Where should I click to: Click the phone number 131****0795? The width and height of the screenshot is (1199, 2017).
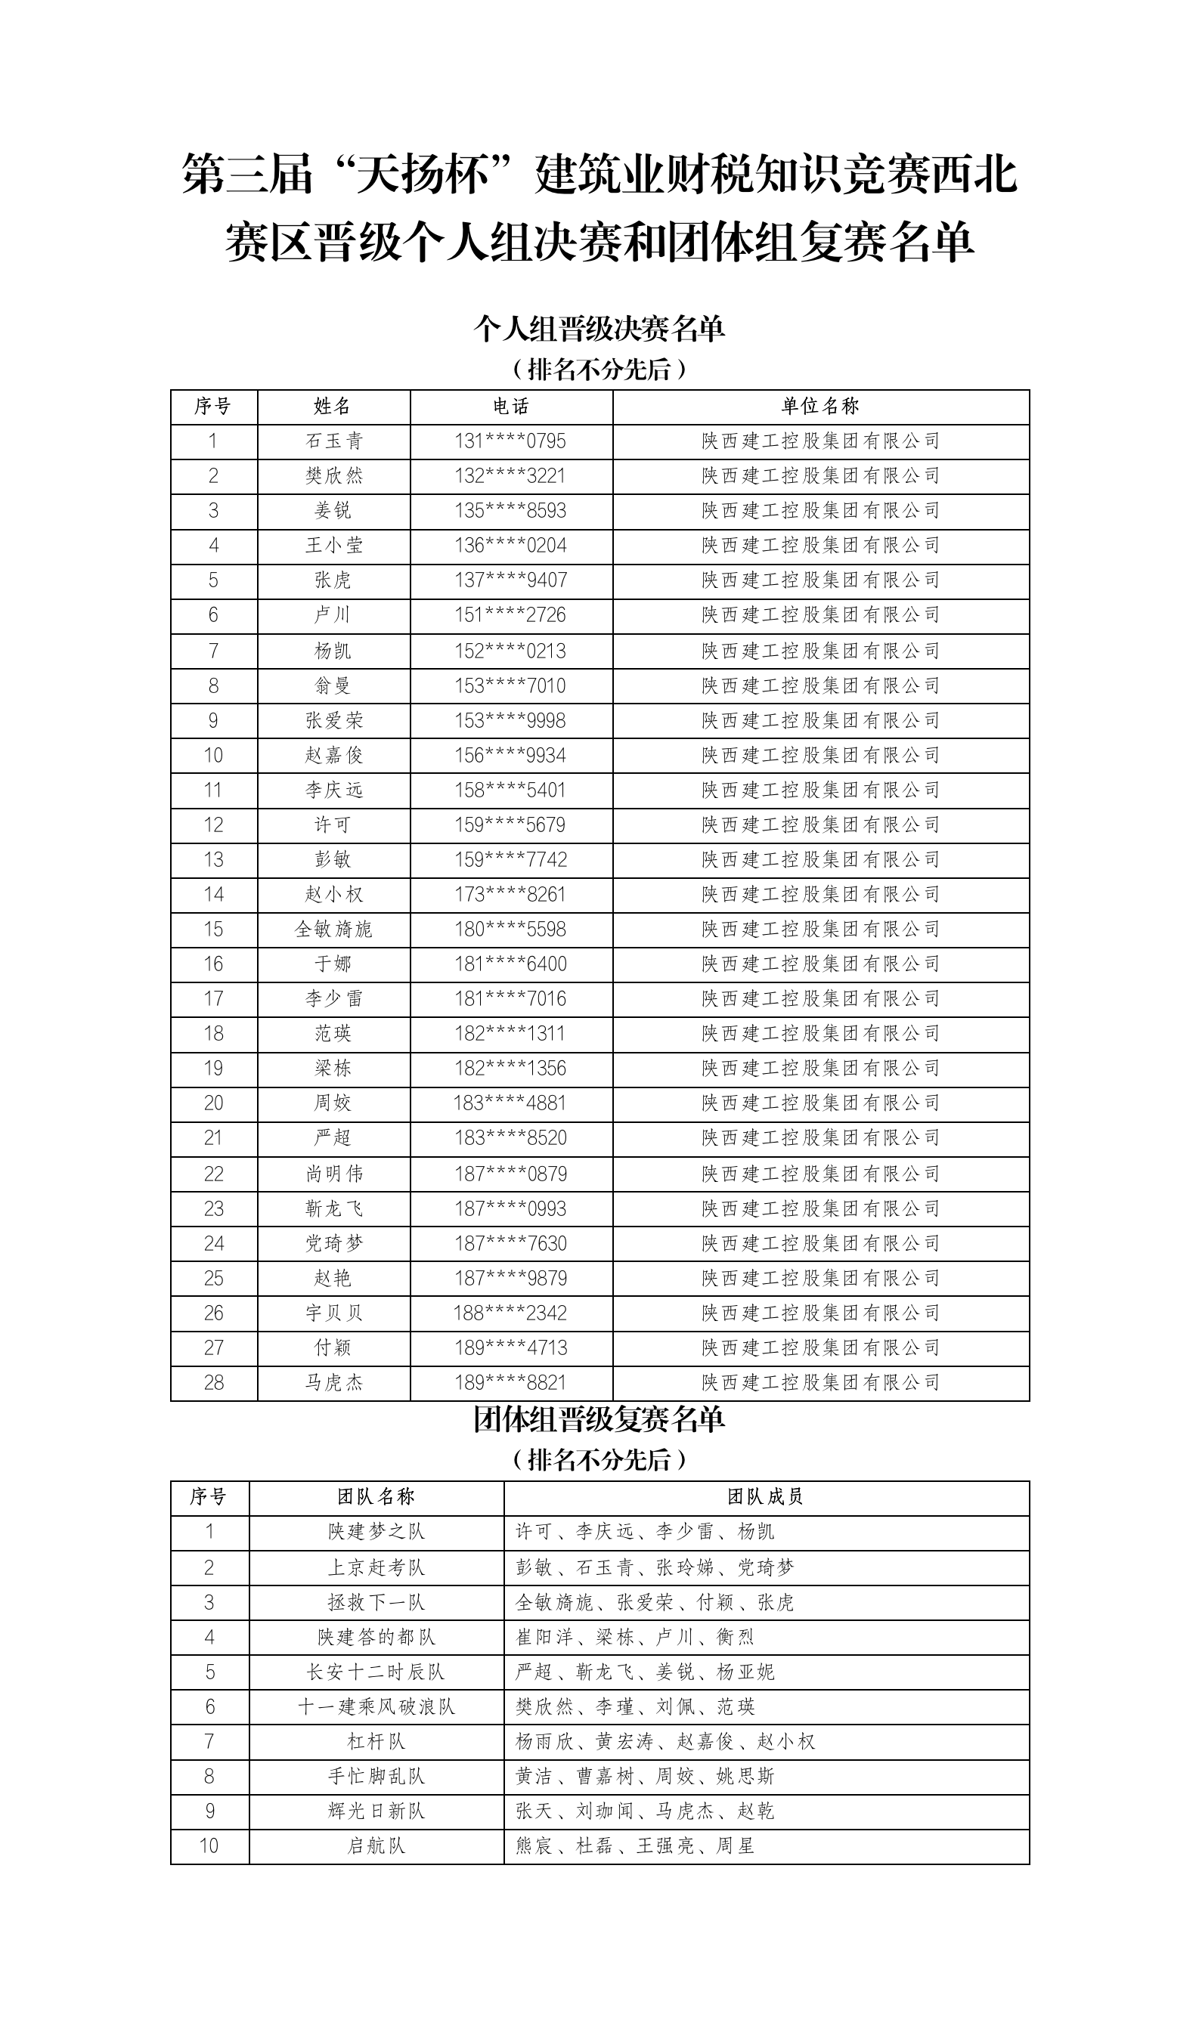pos(510,441)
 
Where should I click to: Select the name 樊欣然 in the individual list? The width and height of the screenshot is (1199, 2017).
pos(333,475)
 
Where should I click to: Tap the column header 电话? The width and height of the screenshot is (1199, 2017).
pos(510,406)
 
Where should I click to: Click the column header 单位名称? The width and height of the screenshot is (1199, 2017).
pos(820,406)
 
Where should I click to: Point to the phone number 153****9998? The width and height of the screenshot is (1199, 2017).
pos(510,720)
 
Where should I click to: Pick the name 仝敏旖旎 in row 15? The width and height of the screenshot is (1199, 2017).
pos(333,930)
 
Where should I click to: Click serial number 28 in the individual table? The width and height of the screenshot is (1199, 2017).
pos(213,1382)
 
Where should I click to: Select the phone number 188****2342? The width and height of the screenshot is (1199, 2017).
pos(510,1313)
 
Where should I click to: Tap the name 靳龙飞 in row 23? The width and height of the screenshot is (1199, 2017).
pos(333,1208)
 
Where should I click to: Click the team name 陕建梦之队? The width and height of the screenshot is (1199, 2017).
pos(376,1532)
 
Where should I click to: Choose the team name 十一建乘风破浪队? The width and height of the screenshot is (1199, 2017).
pos(376,1706)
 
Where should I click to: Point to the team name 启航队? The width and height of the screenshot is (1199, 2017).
pos(376,1845)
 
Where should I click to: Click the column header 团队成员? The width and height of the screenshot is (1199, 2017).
pos(765,1497)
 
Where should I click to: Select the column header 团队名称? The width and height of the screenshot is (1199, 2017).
pos(376,1497)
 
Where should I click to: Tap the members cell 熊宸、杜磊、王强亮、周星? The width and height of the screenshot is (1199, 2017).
pos(635,1845)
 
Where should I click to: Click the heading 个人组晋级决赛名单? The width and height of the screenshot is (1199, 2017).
pos(599,329)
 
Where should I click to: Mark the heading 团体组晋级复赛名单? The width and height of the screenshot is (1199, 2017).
pos(599,1418)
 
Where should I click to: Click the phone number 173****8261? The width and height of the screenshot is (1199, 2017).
pos(510,895)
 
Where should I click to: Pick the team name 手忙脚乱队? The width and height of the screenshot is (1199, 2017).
pos(376,1777)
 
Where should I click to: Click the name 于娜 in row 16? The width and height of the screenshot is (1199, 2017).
pos(333,964)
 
